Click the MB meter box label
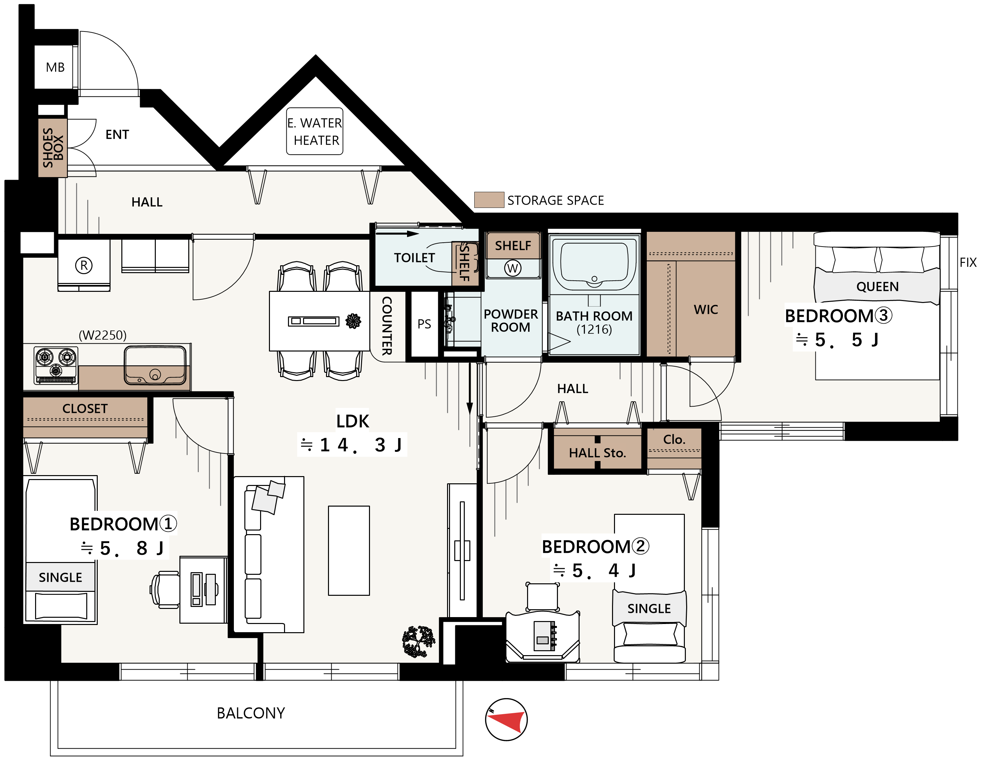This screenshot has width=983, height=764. pyautogui.click(x=55, y=68)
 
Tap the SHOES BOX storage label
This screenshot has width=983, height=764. pyautogui.click(x=53, y=148)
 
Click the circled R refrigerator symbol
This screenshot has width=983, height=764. pyautogui.click(x=84, y=266)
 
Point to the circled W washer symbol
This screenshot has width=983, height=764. pyautogui.click(x=513, y=269)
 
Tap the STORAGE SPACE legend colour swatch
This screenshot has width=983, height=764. pyautogui.click(x=489, y=200)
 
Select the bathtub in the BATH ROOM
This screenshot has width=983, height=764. pyautogui.click(x=594, y=266)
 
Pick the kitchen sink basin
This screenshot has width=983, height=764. pyautogui.click(x=155, y=365)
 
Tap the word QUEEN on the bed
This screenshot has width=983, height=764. pyautogui.click(x=877, y=287)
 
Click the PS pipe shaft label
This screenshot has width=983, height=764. pyautogui.click(x=424, y=324)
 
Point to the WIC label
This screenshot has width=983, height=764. pyautogui.click(x=706, y=310)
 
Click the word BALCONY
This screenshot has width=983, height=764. pyautogui.click(x=251, y=713)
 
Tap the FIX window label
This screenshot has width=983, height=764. pyautogui.click(x=968, y=262)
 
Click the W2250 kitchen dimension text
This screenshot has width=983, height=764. pyautogui.click(x=103, y=335)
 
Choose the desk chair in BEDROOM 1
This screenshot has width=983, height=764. pyautogui.click(x=165, y=590)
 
